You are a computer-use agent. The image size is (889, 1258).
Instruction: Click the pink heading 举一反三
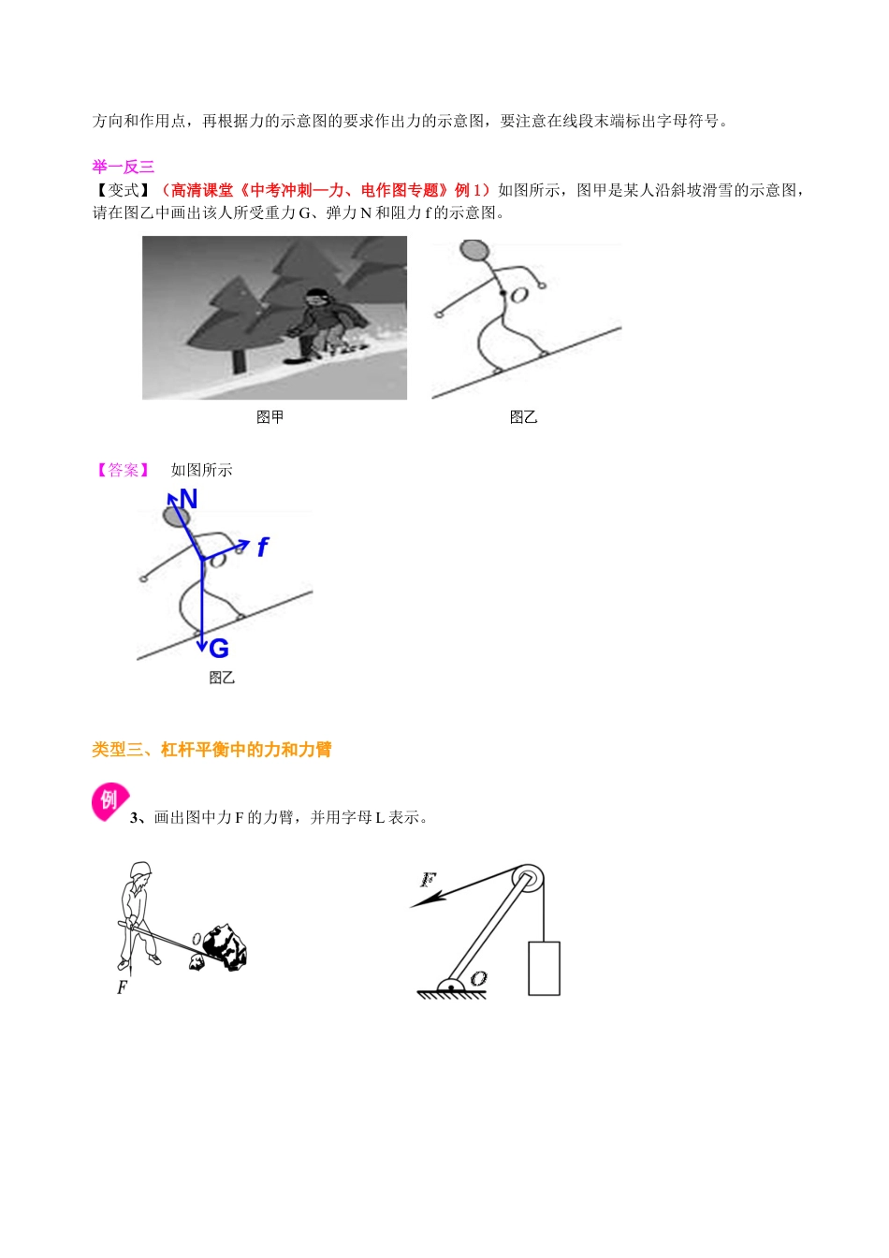123,167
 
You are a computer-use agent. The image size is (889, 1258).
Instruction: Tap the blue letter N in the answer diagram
188,500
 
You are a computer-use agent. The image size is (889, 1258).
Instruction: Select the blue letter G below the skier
219,649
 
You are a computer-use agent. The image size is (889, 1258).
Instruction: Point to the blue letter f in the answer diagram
263,548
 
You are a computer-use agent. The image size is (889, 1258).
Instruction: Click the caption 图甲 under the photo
270,417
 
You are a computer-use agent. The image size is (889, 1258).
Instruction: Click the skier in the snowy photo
323,323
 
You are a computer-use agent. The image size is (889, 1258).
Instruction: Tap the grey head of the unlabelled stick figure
474,251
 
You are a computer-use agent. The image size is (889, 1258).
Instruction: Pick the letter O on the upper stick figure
520,295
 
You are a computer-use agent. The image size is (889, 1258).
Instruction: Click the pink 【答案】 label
123,470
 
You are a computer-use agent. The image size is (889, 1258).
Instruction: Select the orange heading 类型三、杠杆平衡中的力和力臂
211,750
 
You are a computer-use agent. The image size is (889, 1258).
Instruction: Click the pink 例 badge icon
109,801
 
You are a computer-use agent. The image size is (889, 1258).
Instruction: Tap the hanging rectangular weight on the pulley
544,968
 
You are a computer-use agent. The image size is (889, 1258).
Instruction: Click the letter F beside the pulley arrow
428,880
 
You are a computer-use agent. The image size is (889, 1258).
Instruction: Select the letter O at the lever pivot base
478,978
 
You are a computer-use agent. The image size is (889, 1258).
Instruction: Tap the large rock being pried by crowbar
226,947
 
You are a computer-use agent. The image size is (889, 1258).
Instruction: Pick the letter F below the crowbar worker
122,987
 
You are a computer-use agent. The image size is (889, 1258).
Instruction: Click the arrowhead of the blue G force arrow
201,646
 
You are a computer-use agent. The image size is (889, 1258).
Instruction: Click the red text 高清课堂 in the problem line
201,190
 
